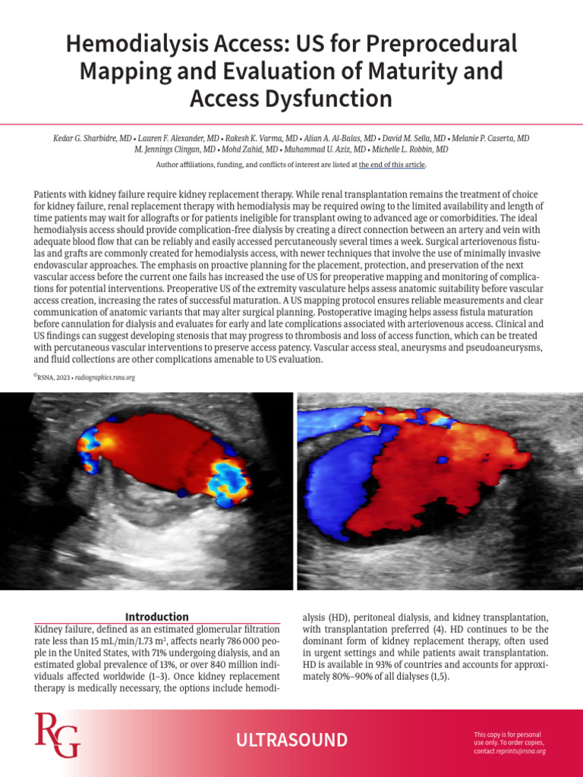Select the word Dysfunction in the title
(x=332, y=99)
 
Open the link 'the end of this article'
(x=392, y=165)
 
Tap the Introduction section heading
(x=157, y=617)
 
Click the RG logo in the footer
(x=57, y=735)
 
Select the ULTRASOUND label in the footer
(x=291, y=740)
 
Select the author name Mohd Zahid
(x=244, y=149)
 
